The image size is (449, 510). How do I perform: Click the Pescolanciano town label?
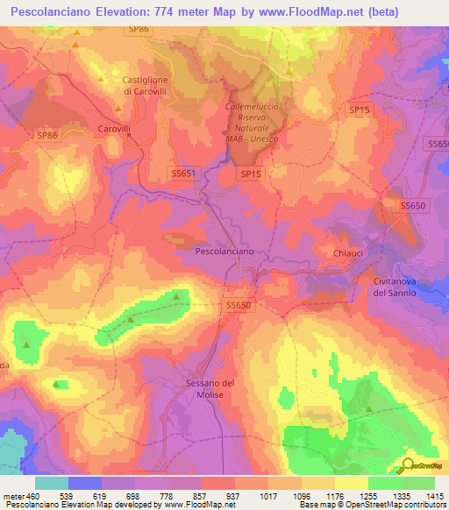[224, 251]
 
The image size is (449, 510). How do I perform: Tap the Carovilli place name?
[111, 127]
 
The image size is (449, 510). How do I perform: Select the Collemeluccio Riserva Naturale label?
[253, 123]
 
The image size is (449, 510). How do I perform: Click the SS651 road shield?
[182, 174]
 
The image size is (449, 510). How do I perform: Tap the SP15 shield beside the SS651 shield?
[251, 174]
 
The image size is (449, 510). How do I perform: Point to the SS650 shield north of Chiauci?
[412, 205]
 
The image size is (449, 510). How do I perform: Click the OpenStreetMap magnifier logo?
[409, 465]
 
